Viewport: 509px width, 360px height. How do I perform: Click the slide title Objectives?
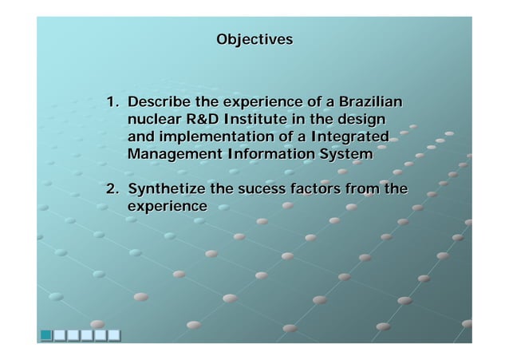tap(254, 39)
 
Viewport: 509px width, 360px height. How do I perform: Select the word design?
tap(364, 120)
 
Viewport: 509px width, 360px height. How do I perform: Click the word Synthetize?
tap(165, 190)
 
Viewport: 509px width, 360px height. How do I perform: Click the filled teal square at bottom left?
tap(47, 335)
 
